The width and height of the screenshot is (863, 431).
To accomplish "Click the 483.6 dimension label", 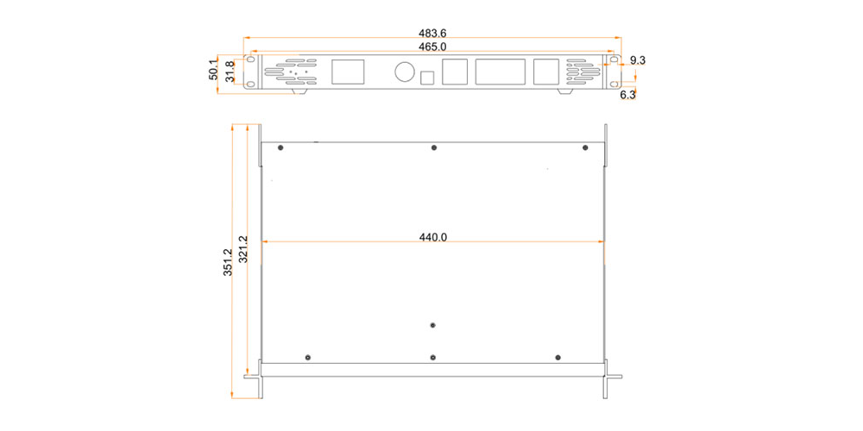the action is click(432, 34).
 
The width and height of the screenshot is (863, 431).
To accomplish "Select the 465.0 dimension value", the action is click(432, 47).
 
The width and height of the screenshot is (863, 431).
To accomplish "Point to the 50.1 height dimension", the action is click(213, 71).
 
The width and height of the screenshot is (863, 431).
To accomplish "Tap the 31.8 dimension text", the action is click(230, 72).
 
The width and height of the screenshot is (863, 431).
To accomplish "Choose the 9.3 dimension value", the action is click(638, 60).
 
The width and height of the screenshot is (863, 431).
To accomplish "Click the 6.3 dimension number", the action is click(628, 95).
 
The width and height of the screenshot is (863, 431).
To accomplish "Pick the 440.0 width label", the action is click(433, 238).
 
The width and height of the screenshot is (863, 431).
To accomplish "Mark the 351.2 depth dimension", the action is click(228, 262).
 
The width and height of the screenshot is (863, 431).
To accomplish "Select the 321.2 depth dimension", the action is click(243, 249).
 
